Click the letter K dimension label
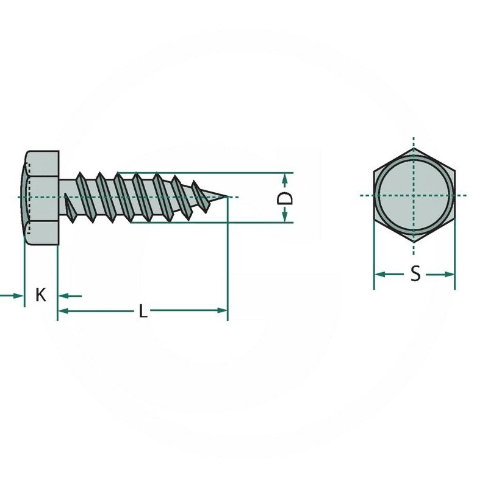[41, 295]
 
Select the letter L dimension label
[143, 311]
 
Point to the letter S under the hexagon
[415, 274]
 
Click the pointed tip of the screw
[228, 196]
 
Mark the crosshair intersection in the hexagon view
[414, 196]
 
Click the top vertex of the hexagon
[414, 149]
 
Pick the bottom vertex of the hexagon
[414, 243]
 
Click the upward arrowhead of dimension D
[285, 178]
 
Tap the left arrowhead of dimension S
[378, 274]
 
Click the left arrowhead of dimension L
[62, 310]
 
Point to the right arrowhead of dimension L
[223, 310]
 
